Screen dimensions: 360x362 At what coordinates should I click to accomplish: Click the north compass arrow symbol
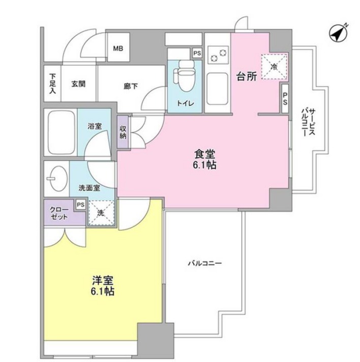click(x=338, y=34)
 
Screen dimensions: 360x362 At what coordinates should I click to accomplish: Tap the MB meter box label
click(x=118, y=48)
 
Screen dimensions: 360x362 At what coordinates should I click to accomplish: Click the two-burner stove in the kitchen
click(x=218, y=55)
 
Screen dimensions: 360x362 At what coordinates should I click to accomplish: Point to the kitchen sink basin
click(x=217, y=89)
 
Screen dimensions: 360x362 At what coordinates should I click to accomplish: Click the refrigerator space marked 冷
click(x=274, y=67)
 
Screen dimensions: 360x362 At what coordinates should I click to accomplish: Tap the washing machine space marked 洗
click(x=101, y=213)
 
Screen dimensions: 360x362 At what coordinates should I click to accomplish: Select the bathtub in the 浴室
click(x=61, y=133)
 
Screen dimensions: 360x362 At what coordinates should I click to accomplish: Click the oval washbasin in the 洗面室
click(x=57, y=179)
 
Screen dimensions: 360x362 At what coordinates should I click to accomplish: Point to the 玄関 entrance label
click(x=78, y=84)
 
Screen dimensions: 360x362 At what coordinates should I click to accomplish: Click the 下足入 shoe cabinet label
click(x=52, y=83)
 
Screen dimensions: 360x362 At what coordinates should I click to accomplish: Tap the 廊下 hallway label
click(x=131, y=87)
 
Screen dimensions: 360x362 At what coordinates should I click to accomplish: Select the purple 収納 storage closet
click(x=123, y=132)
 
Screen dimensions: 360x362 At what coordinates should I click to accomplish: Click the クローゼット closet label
click(x=59, y=213)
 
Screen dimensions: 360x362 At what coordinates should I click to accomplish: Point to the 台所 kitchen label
click(x=247, y=76)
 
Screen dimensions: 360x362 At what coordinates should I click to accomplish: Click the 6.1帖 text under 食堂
click(x=204, y=165)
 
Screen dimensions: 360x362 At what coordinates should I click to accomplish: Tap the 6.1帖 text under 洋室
click(x=102, y=291)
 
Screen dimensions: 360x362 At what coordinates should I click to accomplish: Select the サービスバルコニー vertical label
click(x=308, y=122)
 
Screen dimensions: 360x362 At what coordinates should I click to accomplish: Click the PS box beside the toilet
click(x=197, y=53)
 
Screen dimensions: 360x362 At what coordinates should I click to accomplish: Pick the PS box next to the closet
click(x=81, y=205)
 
